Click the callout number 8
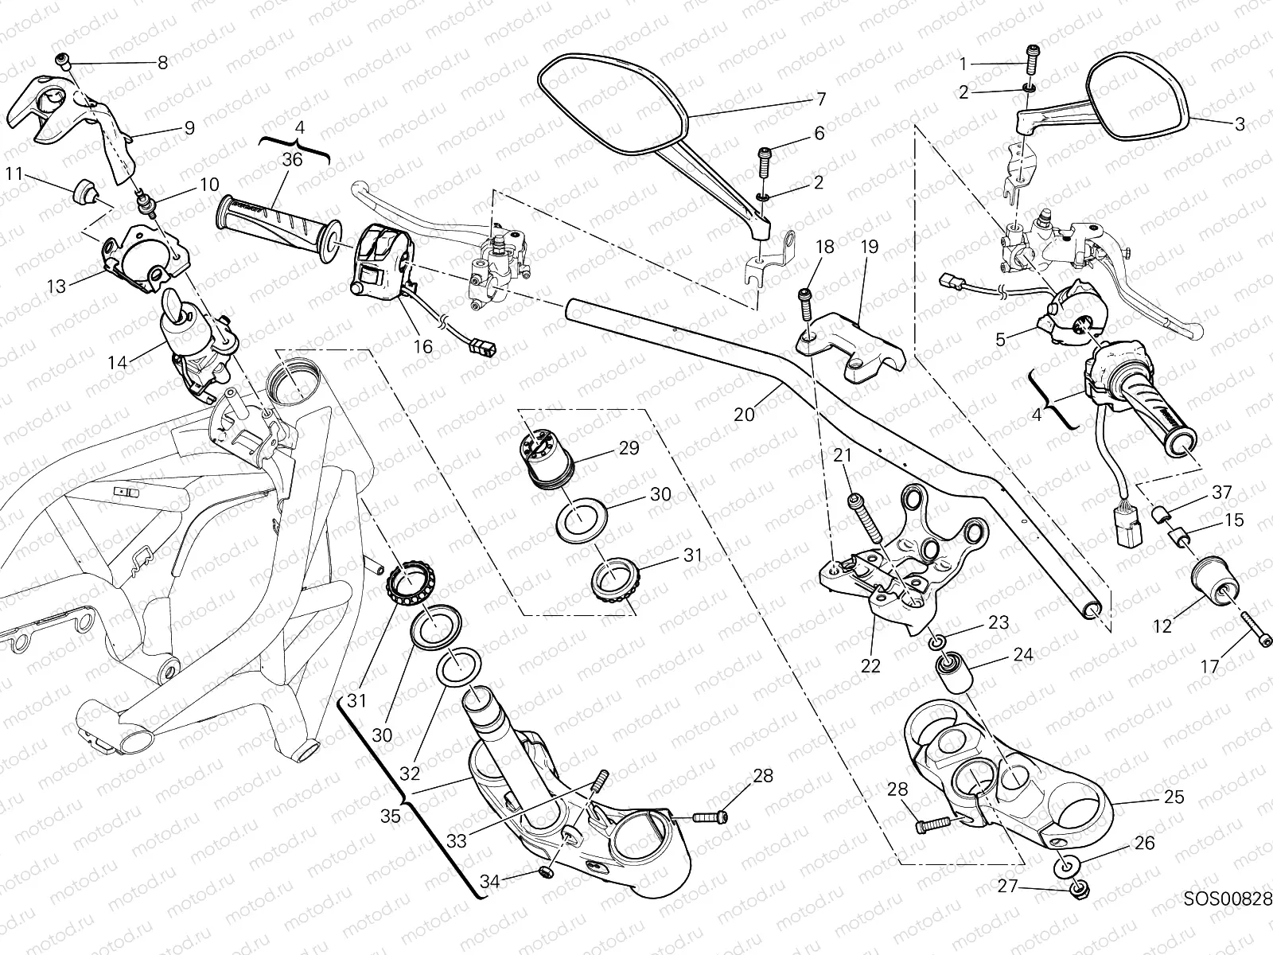163,63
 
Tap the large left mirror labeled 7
613,103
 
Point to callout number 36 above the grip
292,159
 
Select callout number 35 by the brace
390,816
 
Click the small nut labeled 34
546,874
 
